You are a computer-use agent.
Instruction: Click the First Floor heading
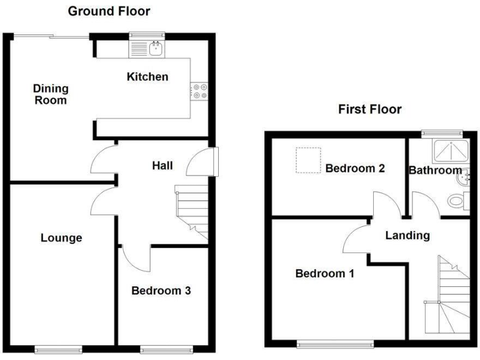coord(369,109)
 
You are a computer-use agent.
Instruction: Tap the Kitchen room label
coord(147,77)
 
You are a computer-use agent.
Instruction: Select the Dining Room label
coord(51,94)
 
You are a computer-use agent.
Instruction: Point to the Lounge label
coord(61,237)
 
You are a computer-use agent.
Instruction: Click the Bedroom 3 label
coord(161,291)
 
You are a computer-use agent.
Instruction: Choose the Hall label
coord(162,166)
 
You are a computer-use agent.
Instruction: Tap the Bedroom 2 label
coord(354,168)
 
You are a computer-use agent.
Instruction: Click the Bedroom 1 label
coord(325,273)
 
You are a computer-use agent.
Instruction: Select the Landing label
coord(407,236)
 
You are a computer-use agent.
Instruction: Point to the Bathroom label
coord(435,170)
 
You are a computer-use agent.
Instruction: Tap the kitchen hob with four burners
coord(199,91)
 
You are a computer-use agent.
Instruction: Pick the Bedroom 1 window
coord(335,342)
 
